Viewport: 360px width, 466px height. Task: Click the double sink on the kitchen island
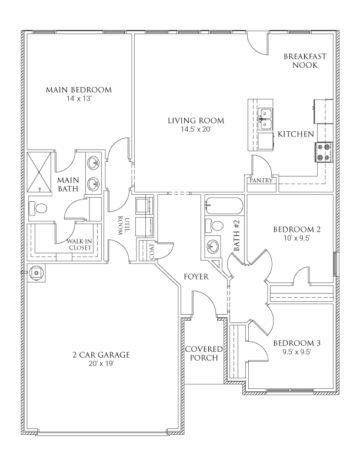(x=265, y=117)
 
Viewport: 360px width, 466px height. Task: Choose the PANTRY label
(x=261, y=181)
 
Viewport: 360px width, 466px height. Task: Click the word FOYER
(x=196, y=276)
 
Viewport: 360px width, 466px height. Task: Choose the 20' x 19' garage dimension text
(x=101, y=364)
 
